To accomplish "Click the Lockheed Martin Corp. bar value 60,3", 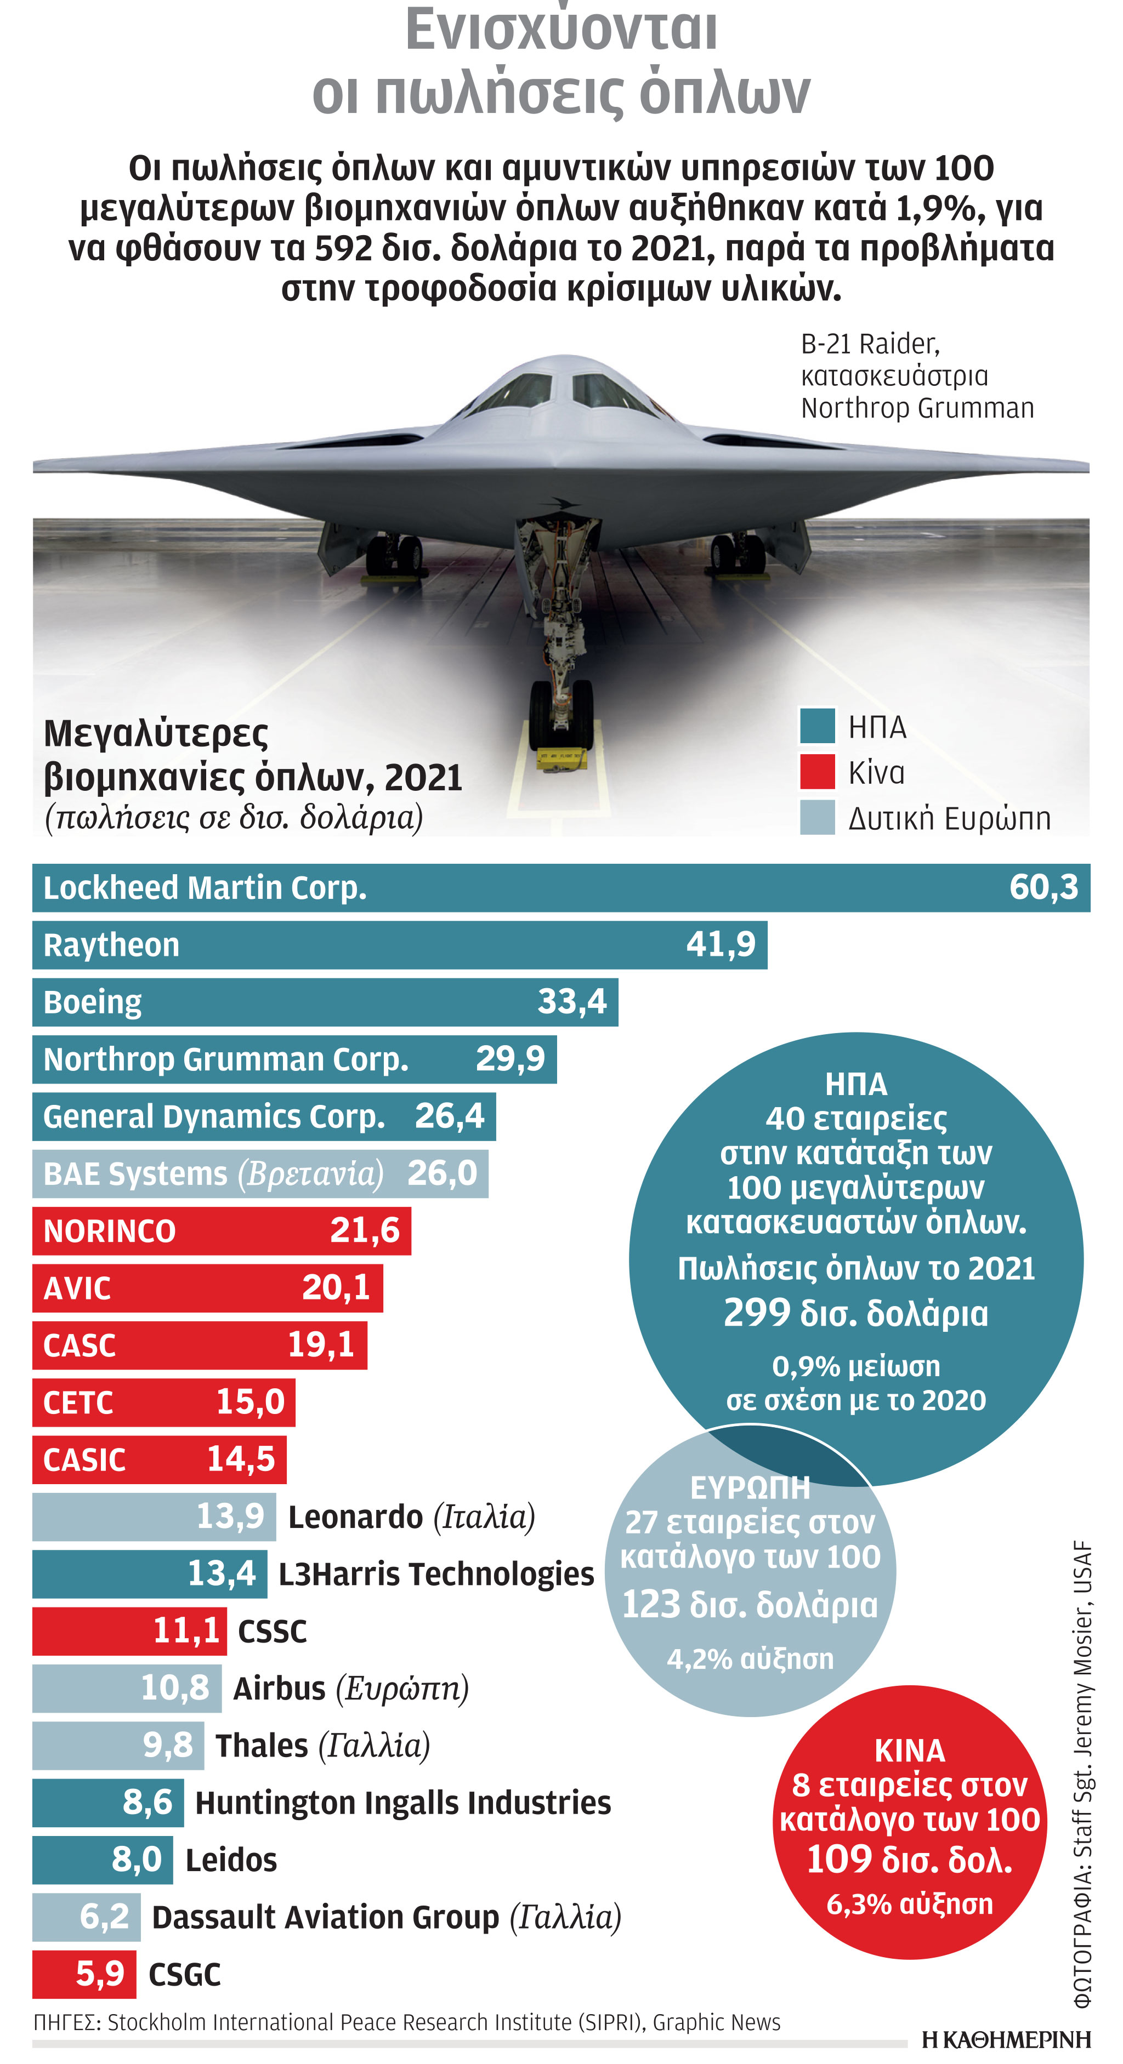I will (x=1043, y=888).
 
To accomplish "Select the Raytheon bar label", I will (x=111, y=945).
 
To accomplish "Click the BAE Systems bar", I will (x=260, y=1174).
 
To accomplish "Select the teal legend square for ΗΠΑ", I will (x=817, y=726).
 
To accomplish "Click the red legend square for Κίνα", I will (x=817, y=772).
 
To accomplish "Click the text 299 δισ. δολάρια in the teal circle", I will (x=855, y=1314).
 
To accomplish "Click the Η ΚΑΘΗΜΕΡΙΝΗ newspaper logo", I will (x=1006, y=2040).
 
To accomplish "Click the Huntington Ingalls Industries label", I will (x=403, y=1803).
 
